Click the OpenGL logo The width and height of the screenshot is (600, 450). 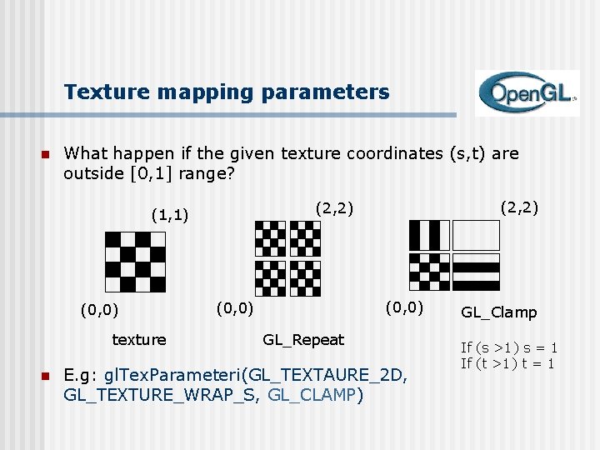point(526,92)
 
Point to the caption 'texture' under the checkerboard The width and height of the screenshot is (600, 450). point(139,339)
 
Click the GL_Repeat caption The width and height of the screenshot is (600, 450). point(303,339)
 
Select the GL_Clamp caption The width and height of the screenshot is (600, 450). point(499,312)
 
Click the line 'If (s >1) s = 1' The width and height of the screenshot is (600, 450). point(509,347)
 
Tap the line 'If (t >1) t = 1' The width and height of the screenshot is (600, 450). point(509,362)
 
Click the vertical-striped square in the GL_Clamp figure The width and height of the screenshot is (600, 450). point(429,235)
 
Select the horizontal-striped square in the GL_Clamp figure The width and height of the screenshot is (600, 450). point(476,272)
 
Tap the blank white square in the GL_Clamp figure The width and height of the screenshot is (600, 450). point(476,235)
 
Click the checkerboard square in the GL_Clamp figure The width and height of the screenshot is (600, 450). point(429,272)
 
